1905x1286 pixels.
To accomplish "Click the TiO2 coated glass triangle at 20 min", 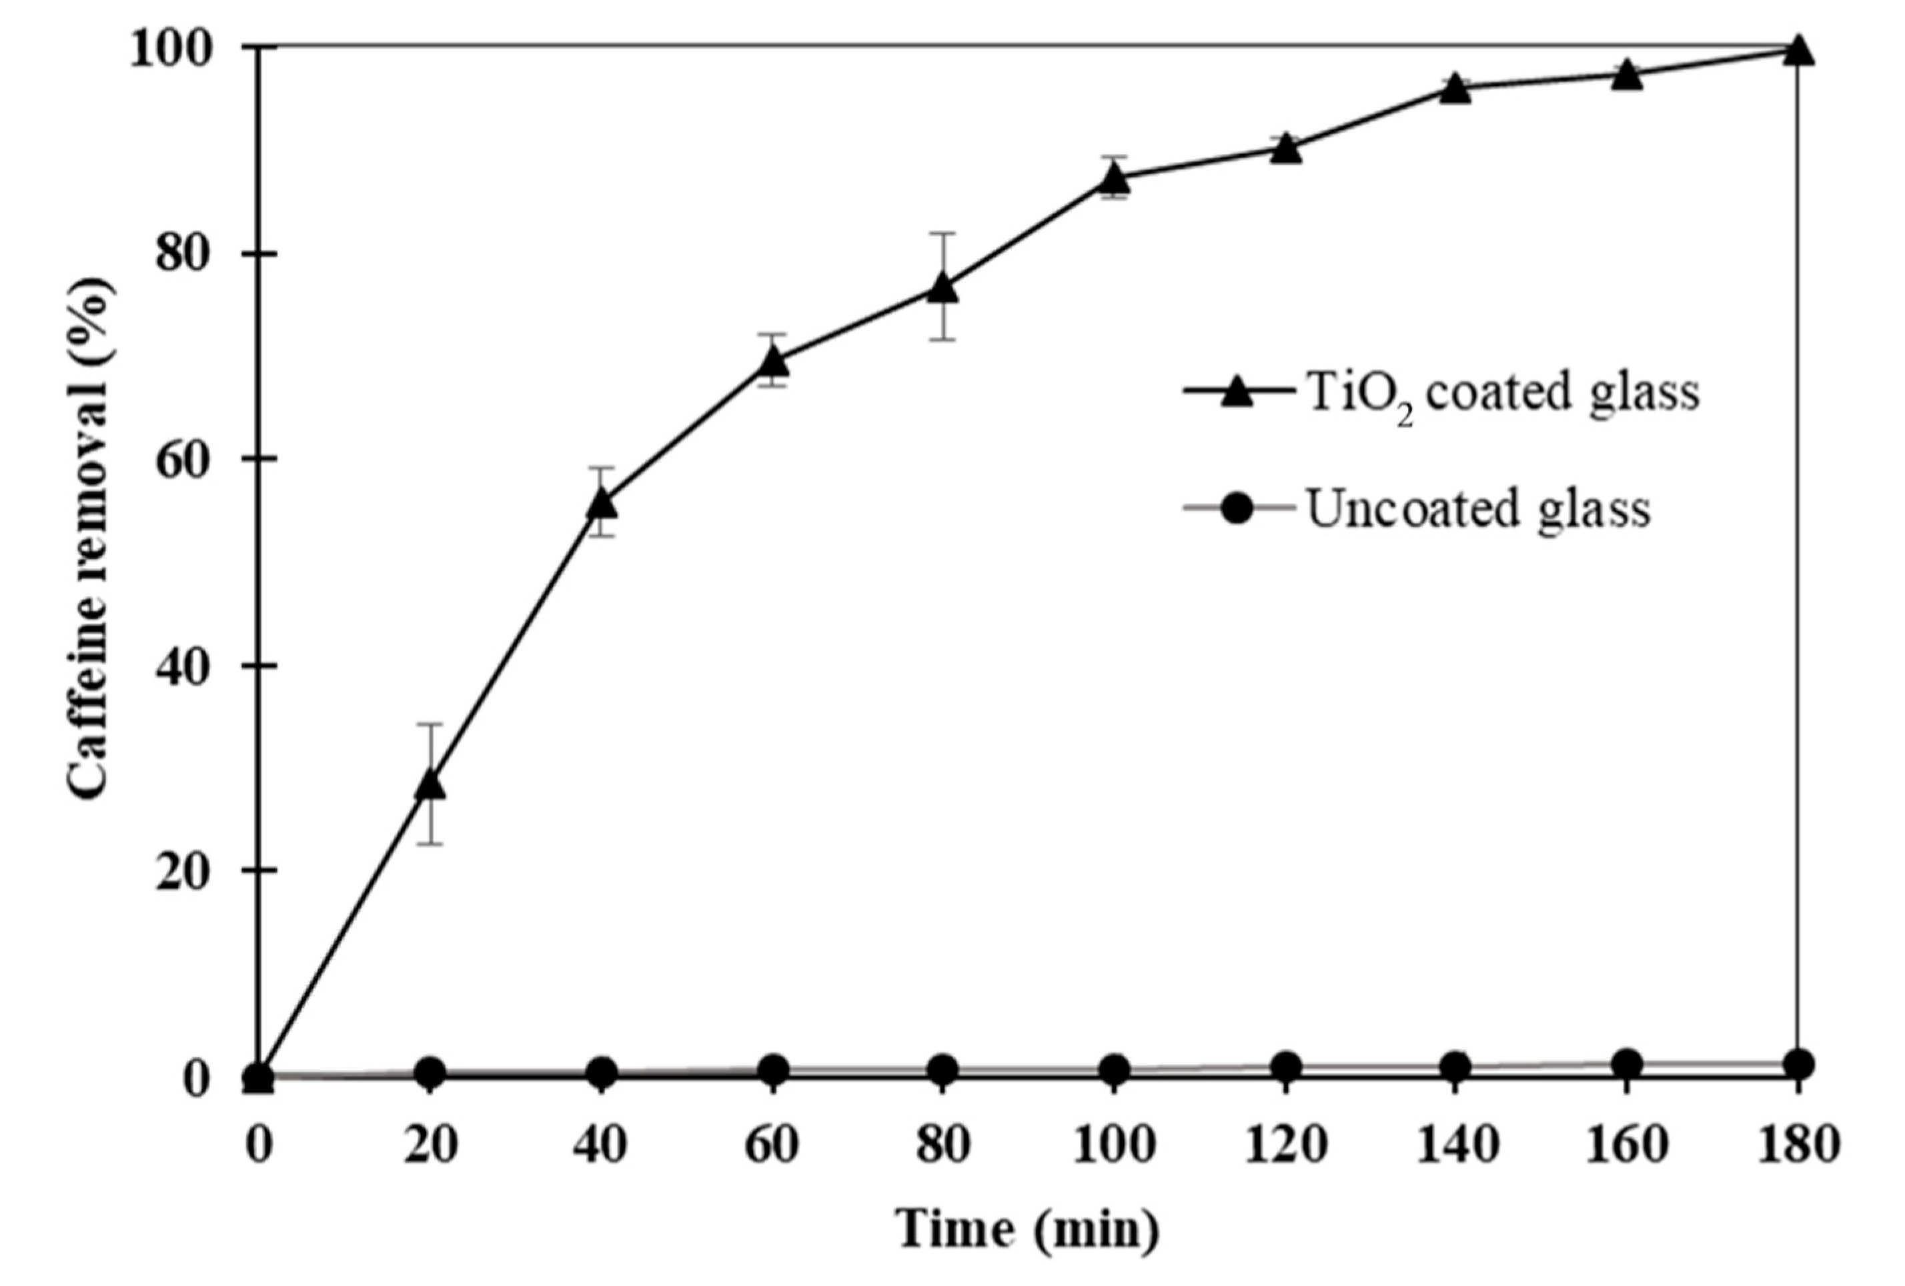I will pyautogui.click(x=431, y=784).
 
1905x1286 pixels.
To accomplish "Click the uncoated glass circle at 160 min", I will pyautogui.click(x=1626, y=1064).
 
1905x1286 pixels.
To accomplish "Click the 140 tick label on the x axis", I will pyautogui.click(x=1456, y=1146).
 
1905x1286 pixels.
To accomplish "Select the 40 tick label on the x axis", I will pyautogui.click(x=602, y=1146).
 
